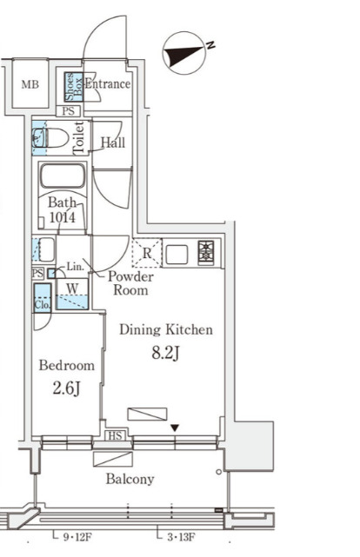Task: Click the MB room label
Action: pyautogui.click(x=30, y=84)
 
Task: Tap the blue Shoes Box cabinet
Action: pyautogui.click(x=74, y=87)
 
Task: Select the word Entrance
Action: pyautogui.click(x=107, y=83)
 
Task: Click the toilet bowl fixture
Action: pyautogui.click(x=50, y=137)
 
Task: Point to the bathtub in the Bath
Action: pyautogui.click(x=63, y=176)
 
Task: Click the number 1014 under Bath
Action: pyautogui.click(x=63, y=217)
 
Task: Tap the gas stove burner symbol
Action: pyautogui.click(x=206, y=253)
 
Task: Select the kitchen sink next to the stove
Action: pyautogui.click(x=177, y=255)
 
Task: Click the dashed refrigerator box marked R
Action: pyautogui.click(x=147, y=253)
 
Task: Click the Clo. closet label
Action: pyautogui.click(x=43, y=304)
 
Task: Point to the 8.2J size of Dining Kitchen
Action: pyautogui.click(x=165, y=354)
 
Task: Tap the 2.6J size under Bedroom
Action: pyautogui.click(x=66, y=388)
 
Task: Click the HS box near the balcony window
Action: pyautogui.click(x=115, y=435)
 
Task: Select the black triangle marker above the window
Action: pyautogui.click(x=174, y=428)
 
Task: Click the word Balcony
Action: pyautogui.click(x=130, y=479)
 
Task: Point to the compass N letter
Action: pyautogui.click(x=210, y=45)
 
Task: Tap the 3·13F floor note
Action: pyautogui.click(x=181, y=537)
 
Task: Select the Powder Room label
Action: pyautogui.click(x=130, y=282)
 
